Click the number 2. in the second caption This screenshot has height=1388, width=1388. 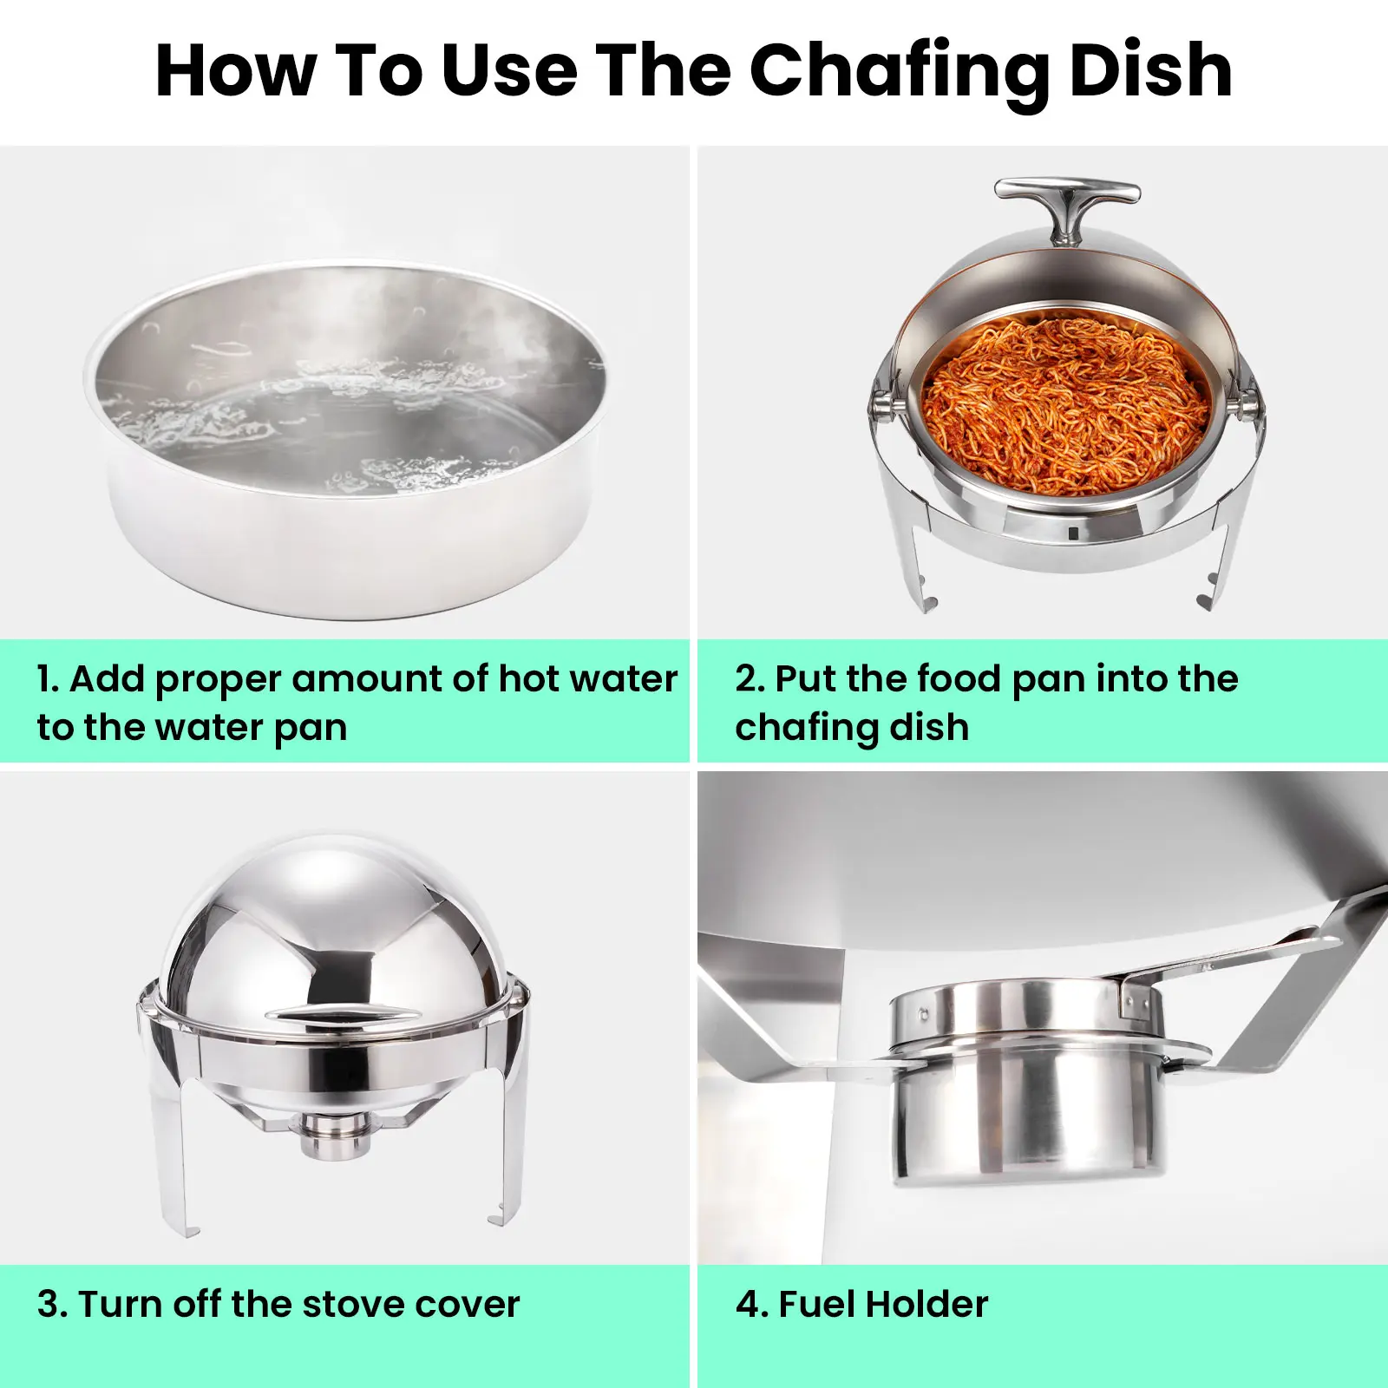pos(750,679)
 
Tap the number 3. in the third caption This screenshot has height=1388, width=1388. pos(51,1304)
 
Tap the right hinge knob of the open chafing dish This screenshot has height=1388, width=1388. pos(1249,403)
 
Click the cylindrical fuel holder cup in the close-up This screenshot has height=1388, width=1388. pos(1028,1119)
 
